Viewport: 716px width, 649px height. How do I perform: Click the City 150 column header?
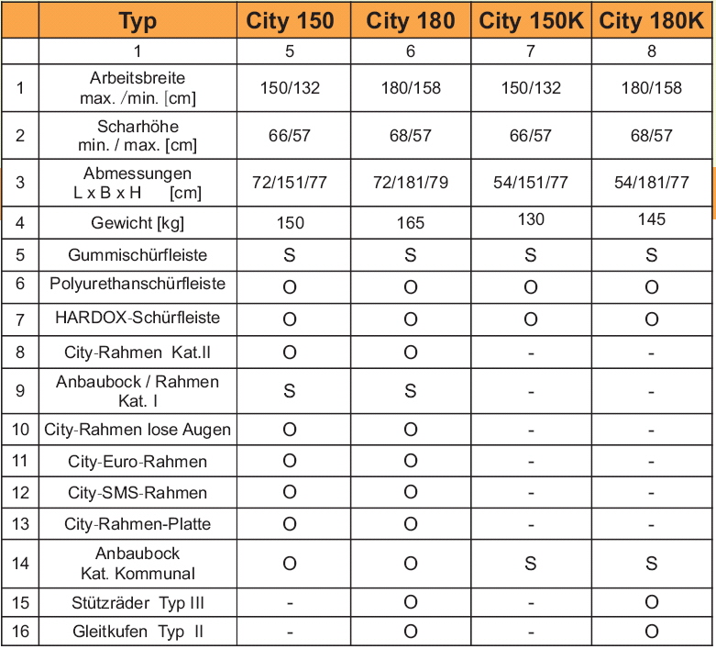point(290,21)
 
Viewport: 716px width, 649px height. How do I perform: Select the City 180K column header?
point(652,21)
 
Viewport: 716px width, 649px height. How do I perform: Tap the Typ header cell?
point(138,21)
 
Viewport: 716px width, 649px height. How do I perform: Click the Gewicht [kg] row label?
point(138,223)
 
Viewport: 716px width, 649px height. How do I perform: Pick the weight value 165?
point(410,223)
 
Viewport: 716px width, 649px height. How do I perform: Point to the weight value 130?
point(531,218)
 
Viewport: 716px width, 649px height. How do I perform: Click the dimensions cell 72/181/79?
point(410,183)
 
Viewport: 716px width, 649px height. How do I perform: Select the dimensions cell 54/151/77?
point(531,183)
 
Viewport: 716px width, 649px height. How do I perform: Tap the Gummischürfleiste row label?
point(138,255)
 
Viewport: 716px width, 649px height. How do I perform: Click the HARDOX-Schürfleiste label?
point(138,318)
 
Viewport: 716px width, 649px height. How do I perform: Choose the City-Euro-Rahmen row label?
point(138,462)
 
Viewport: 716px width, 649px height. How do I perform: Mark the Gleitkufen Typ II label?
point(138,632)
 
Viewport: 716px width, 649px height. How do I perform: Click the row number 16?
point(20,632)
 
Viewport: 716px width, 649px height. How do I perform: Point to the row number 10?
point(20,430)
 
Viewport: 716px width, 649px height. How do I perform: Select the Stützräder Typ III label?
point(138,602)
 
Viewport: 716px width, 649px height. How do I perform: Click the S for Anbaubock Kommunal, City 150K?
point(531,563)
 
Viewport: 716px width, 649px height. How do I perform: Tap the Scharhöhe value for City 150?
point(290,136)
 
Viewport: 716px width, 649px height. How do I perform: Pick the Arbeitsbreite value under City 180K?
point(652,88)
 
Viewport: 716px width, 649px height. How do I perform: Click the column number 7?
point(531,51)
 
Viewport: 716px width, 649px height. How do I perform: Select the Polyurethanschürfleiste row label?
point(138,285)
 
